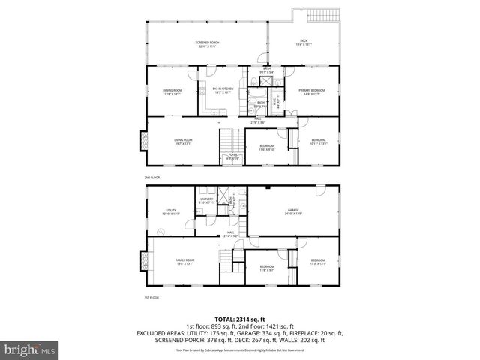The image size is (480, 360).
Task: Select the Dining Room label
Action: pyautogui.click(x=172, y=91)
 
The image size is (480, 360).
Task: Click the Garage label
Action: pyautogui.click(x=292, y=211)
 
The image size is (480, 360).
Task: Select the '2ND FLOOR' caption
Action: pyautogui.click(x=152, y=177)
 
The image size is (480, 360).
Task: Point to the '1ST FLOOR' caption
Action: pyautogui.click(x=152, y=298)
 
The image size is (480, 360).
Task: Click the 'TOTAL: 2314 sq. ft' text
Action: pyautogui.click(x=240, y=318)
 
